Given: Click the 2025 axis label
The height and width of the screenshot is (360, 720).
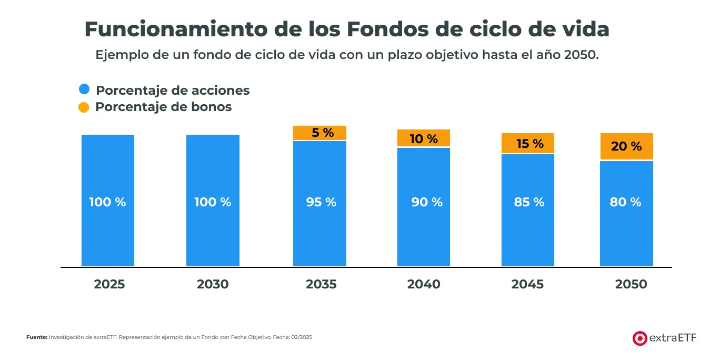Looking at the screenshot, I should (x=109, y=284).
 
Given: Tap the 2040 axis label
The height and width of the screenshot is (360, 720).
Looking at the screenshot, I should (x=424, y=284).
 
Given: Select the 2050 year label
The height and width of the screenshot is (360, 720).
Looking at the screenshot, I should (x=631, y=284).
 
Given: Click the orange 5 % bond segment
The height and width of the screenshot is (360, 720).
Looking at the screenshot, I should (x=319, y=133).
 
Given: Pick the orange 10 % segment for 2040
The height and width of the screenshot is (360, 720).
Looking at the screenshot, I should (x=424, y=138).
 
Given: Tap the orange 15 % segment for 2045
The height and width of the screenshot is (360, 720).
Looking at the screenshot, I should (x=528, y=143).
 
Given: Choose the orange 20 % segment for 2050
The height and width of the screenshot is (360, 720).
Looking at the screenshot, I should (x=626, y=146).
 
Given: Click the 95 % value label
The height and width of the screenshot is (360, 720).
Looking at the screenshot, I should (x=321, y=202).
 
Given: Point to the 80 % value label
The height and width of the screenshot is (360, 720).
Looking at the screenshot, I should (x=625, y=202).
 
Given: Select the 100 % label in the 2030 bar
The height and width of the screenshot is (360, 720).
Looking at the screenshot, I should (x=213, y=202).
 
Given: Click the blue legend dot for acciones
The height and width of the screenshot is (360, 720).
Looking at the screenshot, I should (x=84, y=89).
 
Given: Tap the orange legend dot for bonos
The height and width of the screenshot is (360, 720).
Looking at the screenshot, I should (x=84, y=107).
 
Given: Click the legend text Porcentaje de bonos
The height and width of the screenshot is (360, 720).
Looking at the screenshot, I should (x=163, y=107).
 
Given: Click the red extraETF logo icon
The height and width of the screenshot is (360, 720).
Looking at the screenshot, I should (x=639, y=338).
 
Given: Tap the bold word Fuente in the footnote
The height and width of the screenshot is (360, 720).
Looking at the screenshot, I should (x=37, y=337).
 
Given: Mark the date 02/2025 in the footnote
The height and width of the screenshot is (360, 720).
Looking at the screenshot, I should (x=302, y=337).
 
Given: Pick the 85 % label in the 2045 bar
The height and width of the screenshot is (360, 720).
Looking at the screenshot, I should (x=529, y=202).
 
